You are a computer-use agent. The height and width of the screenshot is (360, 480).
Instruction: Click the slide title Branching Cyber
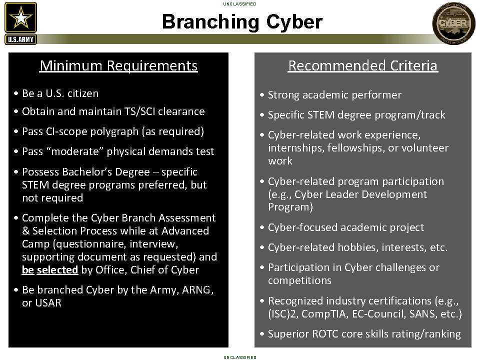click(x=242, y=22)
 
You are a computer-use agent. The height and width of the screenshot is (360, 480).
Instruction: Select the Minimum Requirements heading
click(x=118, y=65)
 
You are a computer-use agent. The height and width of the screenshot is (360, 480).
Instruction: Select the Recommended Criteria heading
click(x=362, y=65)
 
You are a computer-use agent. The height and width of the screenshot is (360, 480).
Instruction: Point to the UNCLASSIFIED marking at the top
click(x=240, y=4)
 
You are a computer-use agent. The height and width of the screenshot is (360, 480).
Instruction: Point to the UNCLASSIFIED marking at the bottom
click(x=240, y=357)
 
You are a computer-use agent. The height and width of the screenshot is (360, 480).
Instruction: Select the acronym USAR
click(x=48, y=303)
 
